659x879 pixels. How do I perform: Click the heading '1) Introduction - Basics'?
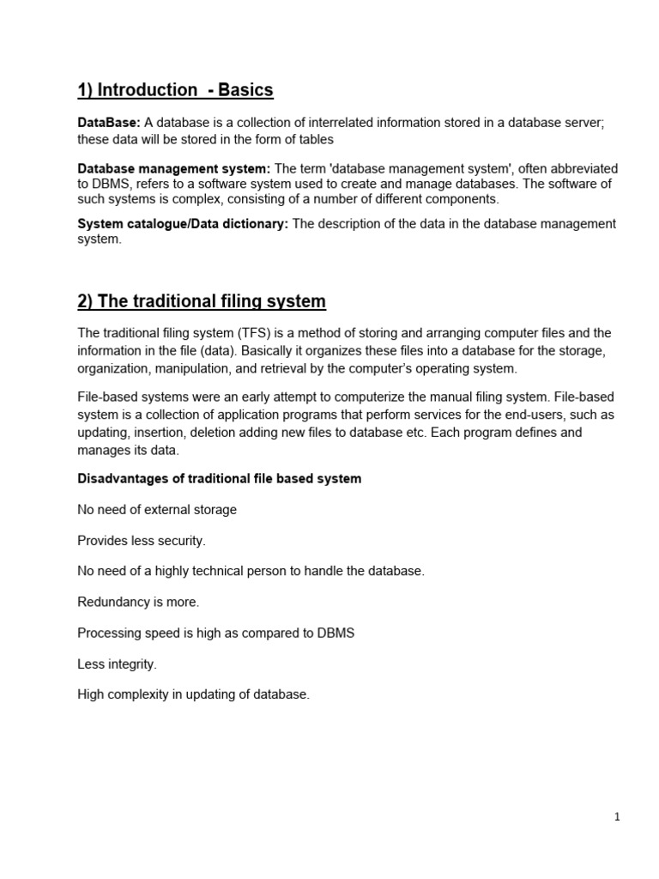pos(175,90)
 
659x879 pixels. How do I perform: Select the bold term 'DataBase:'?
pos(108,123)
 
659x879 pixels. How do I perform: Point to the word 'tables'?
pos(315,139)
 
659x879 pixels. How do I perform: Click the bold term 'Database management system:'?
pos(174,168)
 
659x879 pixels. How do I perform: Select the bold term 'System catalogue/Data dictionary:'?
pos(183,223)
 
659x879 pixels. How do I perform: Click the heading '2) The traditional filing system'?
pos(202,301)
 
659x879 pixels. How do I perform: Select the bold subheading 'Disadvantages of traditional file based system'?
pos(220,478)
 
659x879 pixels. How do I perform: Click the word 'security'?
pos(179,541)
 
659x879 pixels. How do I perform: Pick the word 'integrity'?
pos(131,664)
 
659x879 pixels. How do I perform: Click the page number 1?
pos(617,817)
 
